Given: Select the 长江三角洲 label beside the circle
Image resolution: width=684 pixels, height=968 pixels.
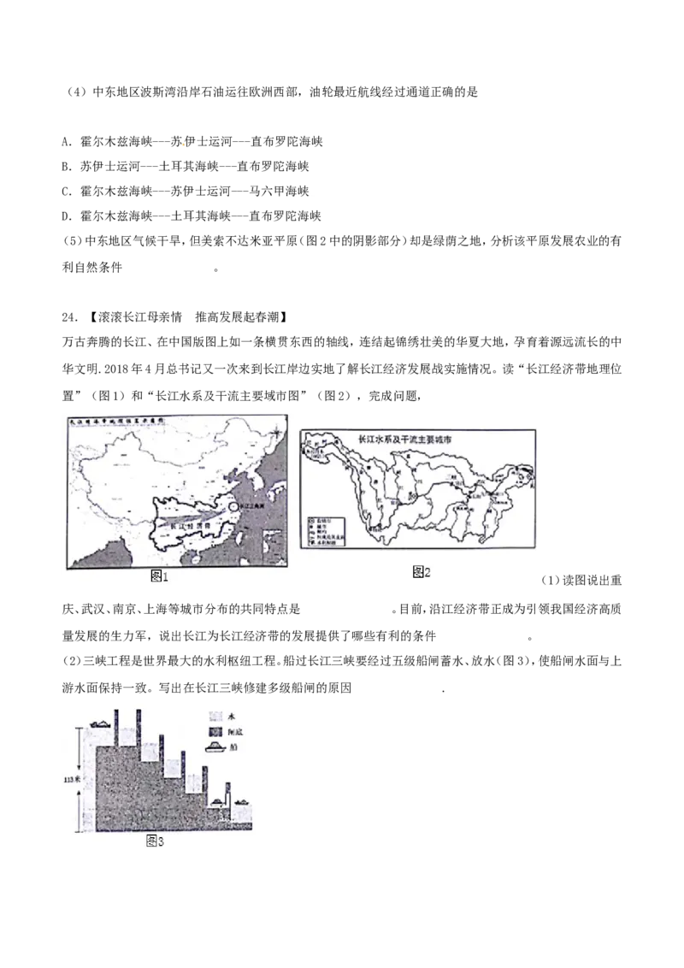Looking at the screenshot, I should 252,506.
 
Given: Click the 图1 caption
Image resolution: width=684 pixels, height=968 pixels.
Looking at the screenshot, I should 159,577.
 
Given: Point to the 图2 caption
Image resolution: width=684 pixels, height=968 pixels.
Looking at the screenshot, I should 421,571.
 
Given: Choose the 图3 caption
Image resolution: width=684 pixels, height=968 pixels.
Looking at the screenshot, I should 154,841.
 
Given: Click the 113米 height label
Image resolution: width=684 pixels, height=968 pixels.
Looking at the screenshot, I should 73,779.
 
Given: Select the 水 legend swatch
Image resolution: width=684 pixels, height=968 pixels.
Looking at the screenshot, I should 215,715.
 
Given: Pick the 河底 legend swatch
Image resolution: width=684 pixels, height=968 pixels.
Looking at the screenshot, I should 215,732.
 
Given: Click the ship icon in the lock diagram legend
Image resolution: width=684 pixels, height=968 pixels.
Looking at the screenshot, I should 215,748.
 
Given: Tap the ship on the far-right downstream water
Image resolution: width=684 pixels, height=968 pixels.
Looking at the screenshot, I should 242,802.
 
